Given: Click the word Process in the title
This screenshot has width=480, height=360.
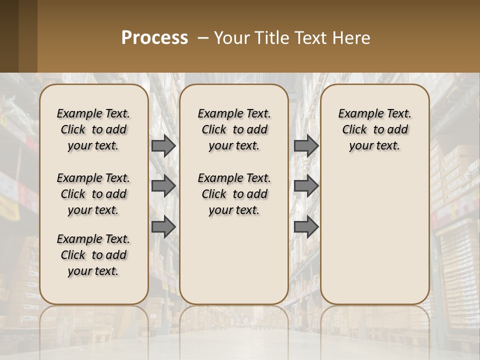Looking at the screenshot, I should (x=154, y=37).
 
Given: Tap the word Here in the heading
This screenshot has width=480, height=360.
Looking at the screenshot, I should (x=353, y=37).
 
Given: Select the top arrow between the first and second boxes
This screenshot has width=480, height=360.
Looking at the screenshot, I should (x=163, y=145).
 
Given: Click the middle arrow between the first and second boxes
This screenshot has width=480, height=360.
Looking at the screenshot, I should (x=163, y=186).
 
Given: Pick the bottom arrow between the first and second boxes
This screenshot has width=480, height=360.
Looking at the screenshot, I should (x=163, y=227).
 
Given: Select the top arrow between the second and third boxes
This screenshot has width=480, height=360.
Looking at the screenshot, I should (x=306, y=145).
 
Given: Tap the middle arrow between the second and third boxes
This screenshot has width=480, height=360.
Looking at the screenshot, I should (x=306, y=186).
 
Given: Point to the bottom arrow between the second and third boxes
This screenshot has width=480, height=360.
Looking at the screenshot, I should (x=306, y=227).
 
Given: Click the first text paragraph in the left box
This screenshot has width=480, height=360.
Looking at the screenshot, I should (x=93, y=129).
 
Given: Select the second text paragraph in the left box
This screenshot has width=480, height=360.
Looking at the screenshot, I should (x=93, y=194).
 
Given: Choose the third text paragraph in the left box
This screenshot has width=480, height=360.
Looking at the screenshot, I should (x=93, y=255).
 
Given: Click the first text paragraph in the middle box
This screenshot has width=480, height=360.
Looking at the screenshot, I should (x=234, y=129).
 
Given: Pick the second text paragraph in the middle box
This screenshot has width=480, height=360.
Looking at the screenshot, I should (x=234, y=194).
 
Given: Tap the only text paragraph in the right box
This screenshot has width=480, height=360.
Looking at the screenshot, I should (x=374, y=129).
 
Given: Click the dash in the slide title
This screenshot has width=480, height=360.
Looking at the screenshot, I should (x=203, y=38).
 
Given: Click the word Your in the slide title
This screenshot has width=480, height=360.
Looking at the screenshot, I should (x=229, y=37).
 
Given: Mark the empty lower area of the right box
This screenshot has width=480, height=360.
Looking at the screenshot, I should (x=374, y=235).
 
